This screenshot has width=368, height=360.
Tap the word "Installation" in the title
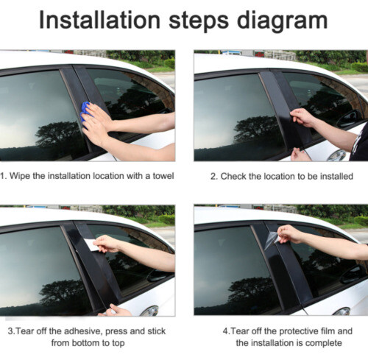point(99,20)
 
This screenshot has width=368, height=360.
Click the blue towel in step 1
point(85,113)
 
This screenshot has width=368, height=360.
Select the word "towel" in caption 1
point(163,176)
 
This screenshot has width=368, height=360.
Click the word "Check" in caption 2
point(233,177)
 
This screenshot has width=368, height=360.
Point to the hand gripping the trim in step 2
point(302,118)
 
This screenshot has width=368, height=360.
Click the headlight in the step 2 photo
point(336,155)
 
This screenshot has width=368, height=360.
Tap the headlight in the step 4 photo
point(342,311)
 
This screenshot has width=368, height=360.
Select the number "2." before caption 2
point(214,177)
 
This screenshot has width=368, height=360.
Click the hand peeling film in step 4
point(290,234)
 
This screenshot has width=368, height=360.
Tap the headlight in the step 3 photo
point(149,311)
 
